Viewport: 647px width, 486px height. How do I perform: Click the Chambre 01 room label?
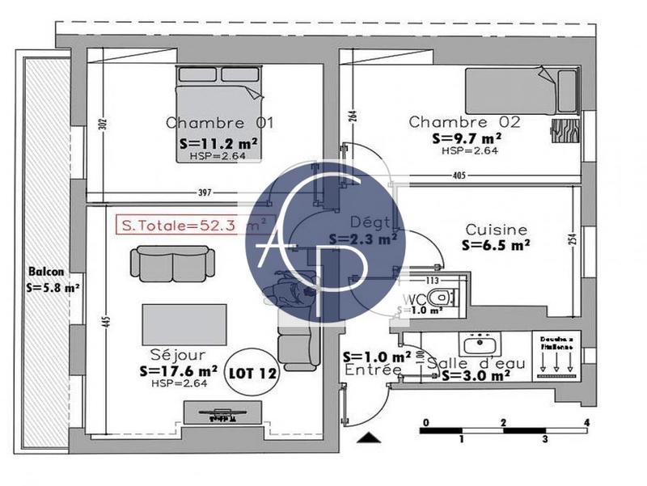pyautogui.click(x=219, y=123)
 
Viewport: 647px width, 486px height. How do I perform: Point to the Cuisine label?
pyautogui.click(x=495, y=230)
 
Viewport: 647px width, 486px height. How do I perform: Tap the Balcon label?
pyautogui.click(x=45, y=273)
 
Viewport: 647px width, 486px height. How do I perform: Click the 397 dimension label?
pyautogui.click(x=204, y=192)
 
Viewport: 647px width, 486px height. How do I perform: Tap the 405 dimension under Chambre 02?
pyautogui.click(x=459, y=175)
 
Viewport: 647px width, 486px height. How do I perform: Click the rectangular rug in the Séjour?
pyautogui.click(x=178, y=323)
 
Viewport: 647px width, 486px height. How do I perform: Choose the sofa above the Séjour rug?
pyautogui.click(x=173, y=263)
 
